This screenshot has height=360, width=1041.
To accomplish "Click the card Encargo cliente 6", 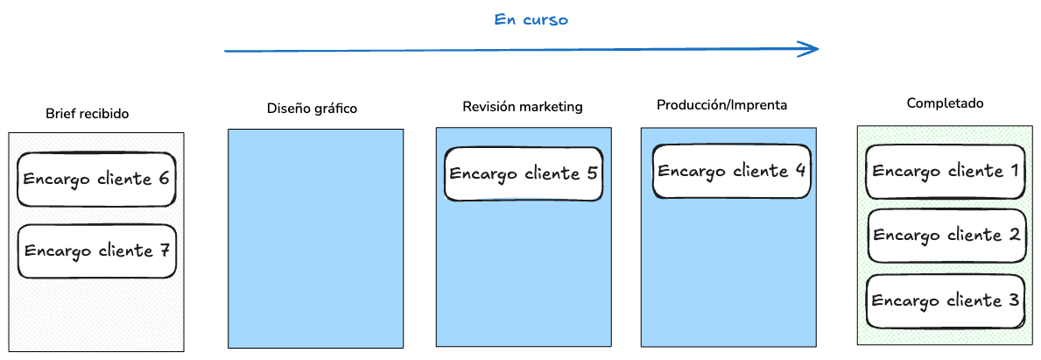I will point(96,180).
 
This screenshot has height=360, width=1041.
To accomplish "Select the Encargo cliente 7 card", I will point(96,251).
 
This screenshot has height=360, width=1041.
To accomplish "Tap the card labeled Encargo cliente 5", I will point(524,173).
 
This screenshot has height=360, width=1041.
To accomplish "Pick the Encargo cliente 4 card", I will point(731,171).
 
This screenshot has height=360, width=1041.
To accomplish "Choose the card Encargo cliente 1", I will point(945,172).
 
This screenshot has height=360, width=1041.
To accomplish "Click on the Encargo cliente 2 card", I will point(946,236).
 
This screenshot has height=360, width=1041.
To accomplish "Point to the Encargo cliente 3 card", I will point(945,301).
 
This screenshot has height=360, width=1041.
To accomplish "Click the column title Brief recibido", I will point(88,114).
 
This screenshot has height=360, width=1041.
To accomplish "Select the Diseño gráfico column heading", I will point(313,109).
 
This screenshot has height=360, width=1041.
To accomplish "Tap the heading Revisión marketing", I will point(523,107).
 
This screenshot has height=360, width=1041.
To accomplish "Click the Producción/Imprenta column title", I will point(722,105).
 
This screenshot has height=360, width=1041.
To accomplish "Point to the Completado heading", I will point(945,103).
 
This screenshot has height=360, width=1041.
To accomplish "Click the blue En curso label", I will point(531,20).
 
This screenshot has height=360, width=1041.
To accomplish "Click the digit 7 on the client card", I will point(163,251).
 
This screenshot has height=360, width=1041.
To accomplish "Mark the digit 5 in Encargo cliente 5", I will point(591,173).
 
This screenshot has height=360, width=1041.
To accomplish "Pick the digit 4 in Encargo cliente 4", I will point(799,170).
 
